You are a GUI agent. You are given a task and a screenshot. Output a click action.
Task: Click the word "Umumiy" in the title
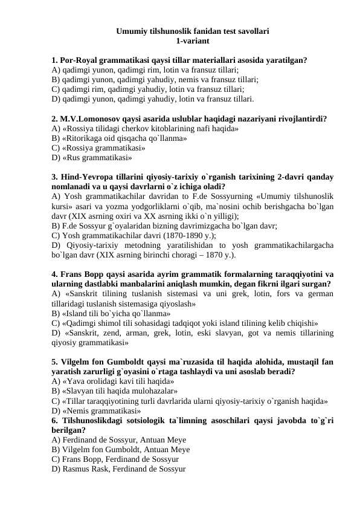tap(132, 30)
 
